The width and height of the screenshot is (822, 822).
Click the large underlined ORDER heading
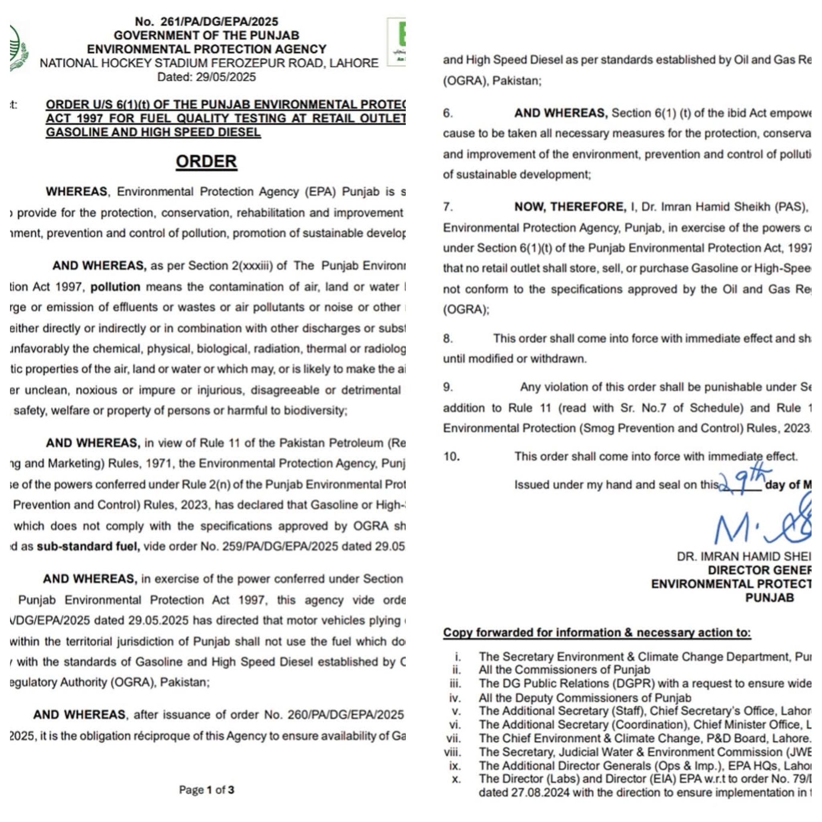point(206,162)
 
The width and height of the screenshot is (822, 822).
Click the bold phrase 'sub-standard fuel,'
point(88,546)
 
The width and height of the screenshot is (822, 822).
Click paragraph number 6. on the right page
point(448,113)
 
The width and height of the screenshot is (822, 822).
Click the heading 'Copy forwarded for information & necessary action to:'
point(597,633)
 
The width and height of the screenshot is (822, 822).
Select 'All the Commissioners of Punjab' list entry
point(564,670)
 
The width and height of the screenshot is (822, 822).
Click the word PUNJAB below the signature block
point(769,598)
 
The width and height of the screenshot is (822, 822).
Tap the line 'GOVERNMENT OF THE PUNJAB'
point(206,35)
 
